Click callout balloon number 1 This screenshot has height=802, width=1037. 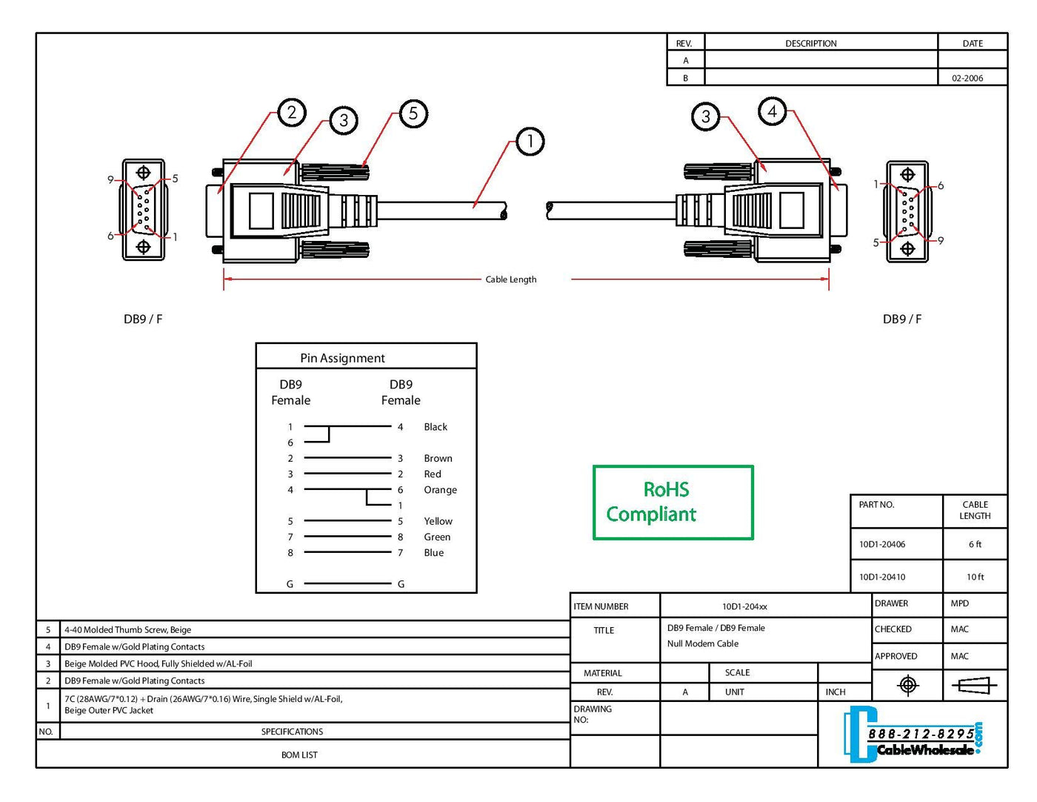pyautogui.click(x=530, y=141)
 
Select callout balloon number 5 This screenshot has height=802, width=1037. pyautogui.click(x=413, y=113)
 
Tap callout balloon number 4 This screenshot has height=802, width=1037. pyautogui.click(x=772, y=111)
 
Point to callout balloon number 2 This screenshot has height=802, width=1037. pyautogui.click(x=292, y=112)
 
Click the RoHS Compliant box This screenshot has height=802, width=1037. pyautogui.click(x=673, y=503)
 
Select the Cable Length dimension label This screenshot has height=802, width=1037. pyautogui.click(x=510, y=279)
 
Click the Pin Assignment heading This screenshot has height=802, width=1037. pyautogui.click(x=342, y=358)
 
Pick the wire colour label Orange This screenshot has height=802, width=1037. pyautogui.click(x=440, y=490)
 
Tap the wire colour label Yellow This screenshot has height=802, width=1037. pyautogui.click(x=438, y=521)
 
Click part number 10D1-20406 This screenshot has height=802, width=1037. pyautogui.click(x=882, y=544)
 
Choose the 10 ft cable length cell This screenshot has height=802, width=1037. pyautogui.click(x=975, y=577)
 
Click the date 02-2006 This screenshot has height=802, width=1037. pyautogui.click(x=967, y=78)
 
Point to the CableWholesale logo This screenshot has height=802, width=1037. pyautogui.click(x=916, y=735)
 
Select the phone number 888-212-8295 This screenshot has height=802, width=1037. pyautogui.click(x=921, y=733)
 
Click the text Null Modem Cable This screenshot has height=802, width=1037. pyautogui.click(x=702, y=643)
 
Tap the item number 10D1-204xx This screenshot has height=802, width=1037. pyautogui.click(x=744, y=606)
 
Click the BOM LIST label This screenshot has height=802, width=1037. pyautogui.click(x=299, y=755)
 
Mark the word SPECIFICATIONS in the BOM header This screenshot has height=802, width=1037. pyautogui.click(x=292, y=732)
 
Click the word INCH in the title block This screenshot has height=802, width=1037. pyautogui.click(x=836, y=692)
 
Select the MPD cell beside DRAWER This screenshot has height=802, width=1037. pyautogui.click(x=959, y=603)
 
